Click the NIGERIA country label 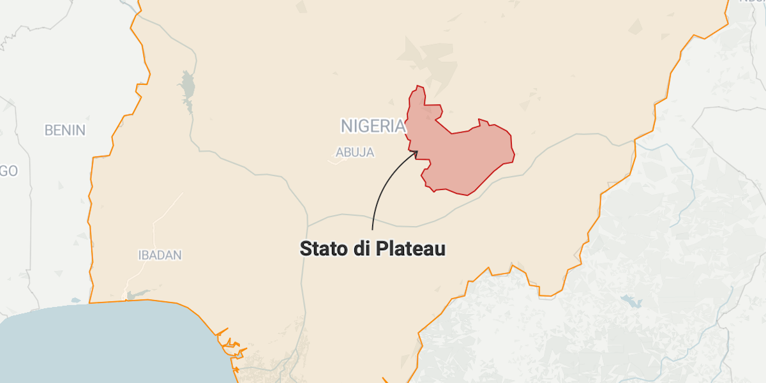coord(373,126)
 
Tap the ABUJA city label coord(355,153)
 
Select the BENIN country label coord(64,130)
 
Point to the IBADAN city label coord(160,255)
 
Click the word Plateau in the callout coord(410,248)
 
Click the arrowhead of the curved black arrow coord(416,152)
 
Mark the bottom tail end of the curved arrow coord(372,229)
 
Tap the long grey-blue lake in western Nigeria coord(187,89)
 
